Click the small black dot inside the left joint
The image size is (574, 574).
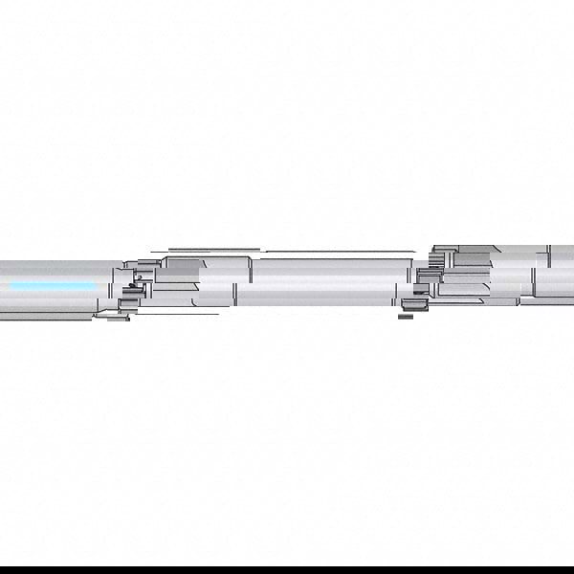pos(136,277)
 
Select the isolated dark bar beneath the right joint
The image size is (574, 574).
pos(406,316)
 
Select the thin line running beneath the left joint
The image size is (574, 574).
pos(163,313)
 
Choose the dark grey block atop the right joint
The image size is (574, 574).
pos(474,256)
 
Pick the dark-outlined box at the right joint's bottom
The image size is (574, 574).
pos(413,304)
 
